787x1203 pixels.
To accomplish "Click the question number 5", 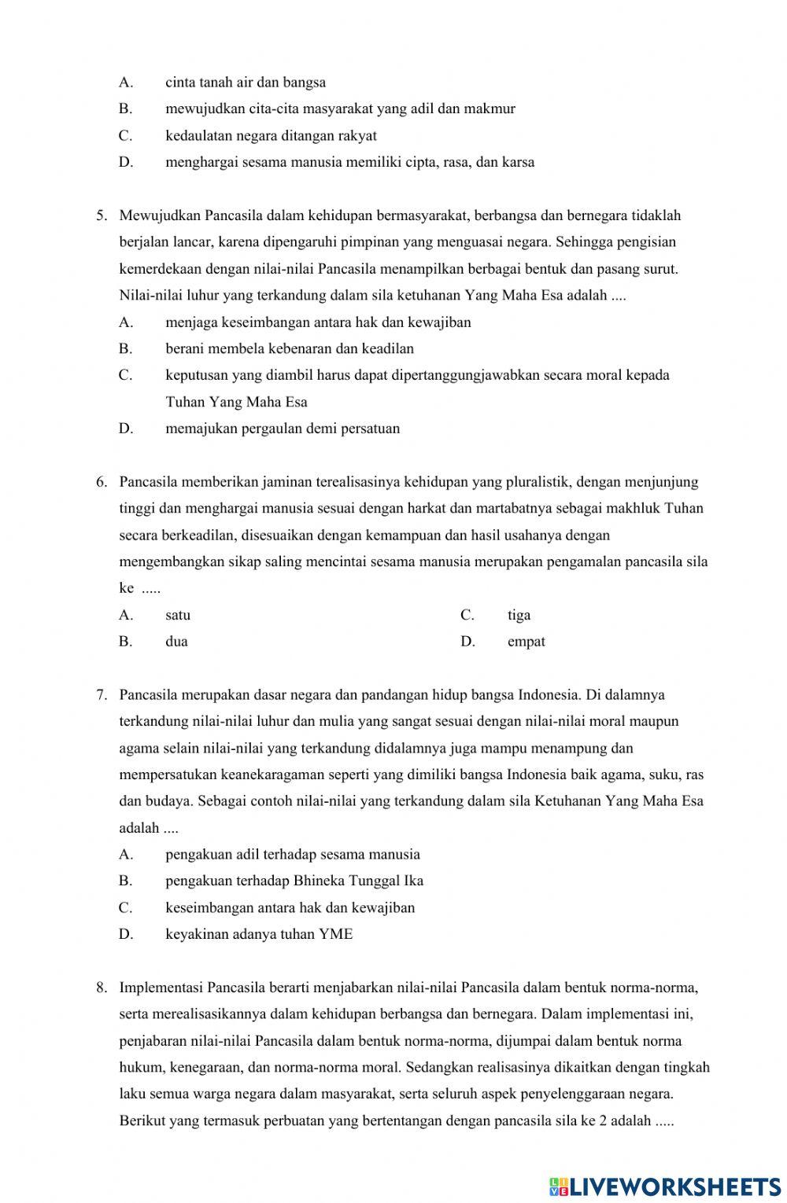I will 101,215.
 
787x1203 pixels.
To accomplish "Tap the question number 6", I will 101,482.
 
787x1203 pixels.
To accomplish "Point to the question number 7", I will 101,695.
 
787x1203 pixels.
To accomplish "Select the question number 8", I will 101,988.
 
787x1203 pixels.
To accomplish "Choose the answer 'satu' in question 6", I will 178,615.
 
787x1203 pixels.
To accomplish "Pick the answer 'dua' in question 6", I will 176,642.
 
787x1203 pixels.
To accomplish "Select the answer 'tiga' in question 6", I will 519,615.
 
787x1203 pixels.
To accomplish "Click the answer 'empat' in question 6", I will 526,642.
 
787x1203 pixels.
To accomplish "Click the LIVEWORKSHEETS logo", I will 665,1186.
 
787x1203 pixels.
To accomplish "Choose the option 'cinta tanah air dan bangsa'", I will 246,83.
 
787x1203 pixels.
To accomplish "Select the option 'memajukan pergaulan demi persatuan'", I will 283,429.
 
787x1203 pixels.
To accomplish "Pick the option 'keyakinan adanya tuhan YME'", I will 259,934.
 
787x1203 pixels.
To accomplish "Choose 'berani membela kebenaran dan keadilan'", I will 290,348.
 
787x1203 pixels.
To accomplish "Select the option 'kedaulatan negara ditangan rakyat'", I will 271,136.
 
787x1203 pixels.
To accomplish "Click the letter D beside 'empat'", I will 467,642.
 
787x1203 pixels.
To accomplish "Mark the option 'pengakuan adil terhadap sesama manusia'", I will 293,855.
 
